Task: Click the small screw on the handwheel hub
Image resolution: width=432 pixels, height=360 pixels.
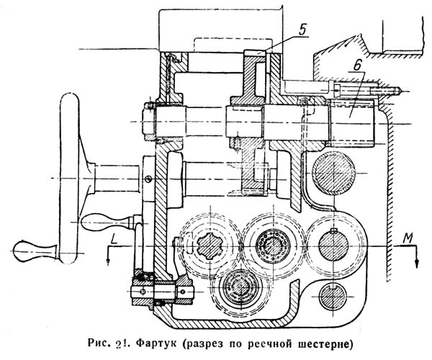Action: click(x=149, y=178)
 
